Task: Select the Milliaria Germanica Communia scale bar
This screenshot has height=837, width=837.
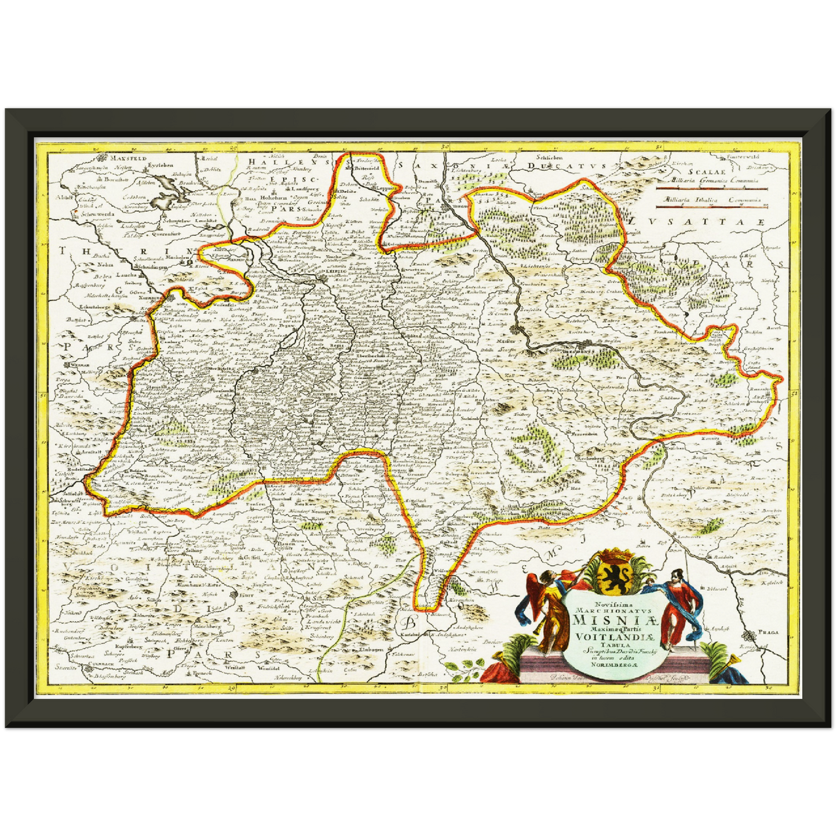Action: point(711,188)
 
